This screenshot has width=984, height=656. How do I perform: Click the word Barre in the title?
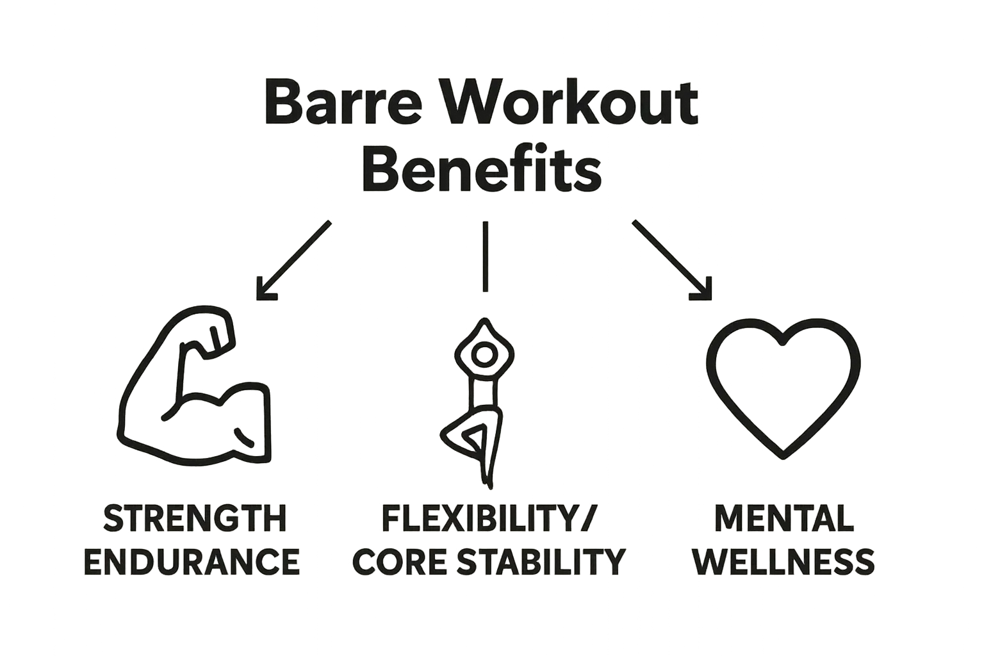point(343,104)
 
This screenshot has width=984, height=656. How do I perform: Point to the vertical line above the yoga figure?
point(486,256)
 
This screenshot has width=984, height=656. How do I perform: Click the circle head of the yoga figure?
point(484,353)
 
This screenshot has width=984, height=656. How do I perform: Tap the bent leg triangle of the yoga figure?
point(474,441)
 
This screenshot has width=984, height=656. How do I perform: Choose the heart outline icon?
point(783,388)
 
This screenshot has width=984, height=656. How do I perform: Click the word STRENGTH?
point(195,519)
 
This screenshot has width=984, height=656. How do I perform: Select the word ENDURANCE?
point(192,562)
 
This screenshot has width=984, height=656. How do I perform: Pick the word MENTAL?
point(783,519)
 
